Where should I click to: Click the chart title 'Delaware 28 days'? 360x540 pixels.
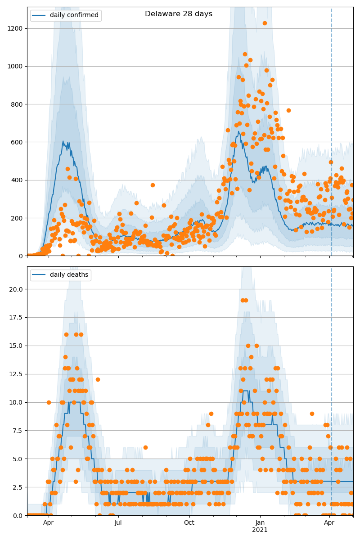click(x=179, y=14)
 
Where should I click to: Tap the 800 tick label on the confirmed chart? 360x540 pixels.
click(x=17, y=104)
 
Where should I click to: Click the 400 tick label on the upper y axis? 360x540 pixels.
click(x=17, y=180)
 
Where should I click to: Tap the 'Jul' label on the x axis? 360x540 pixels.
click(x=118, y=523)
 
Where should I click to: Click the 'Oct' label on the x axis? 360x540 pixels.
click(x=189, y=523)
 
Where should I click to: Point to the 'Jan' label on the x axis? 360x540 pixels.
click(x=260, y=523)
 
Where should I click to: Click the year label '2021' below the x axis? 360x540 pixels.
click(x=260, y=530)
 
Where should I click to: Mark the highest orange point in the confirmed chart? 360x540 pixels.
click(x=265, y=23)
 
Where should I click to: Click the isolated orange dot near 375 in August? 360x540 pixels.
click(x=153, y=185)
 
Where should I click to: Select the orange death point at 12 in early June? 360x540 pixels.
click(x=98, y=379)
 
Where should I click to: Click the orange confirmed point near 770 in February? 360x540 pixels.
click(x=288, y=110)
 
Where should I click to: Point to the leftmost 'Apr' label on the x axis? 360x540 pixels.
click(x=48, y=523)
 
